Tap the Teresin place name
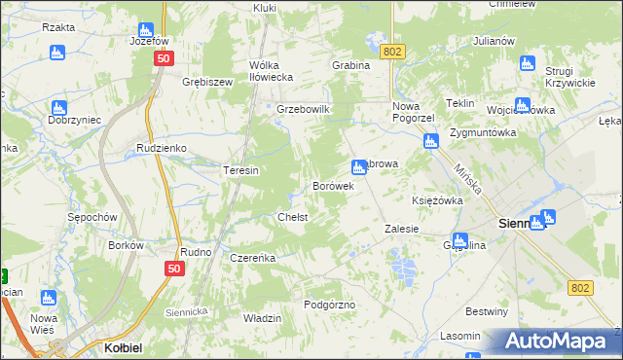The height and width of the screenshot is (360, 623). pyautogui.click(x=240, y=170)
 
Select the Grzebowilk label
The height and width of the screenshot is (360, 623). pyautogui.click(x=305, y=109)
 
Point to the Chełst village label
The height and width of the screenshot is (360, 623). pyautogui.click(x=293, y=217)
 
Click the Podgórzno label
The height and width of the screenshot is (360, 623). pyautogui.click(x=329, y=305)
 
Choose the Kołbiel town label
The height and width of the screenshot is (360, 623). pyautogui.click(x=124, y=346)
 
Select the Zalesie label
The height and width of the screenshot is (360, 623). pyautogui.click(x=401, y=229)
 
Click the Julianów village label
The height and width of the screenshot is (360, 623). pyautogui.click(x=493, y=42)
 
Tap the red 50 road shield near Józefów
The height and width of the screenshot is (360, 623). pyautogui.click(x=161, y=58)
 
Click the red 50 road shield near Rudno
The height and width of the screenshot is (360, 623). pyautogui.click(x=174, y=269)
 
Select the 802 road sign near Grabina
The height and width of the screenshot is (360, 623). pyautogui.click(x=392, y=51)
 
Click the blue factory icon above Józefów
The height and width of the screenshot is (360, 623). pyautogui.click(x=145, y=29)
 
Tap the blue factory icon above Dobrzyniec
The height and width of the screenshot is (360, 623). pyautogui.click(x=59, y=106)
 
